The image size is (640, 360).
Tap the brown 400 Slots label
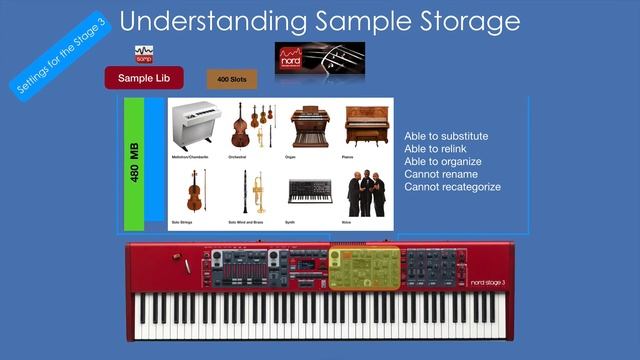(231, 79)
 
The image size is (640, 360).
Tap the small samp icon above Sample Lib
(143, 53)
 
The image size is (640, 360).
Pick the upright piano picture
(364, 126)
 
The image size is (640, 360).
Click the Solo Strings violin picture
(194, 190)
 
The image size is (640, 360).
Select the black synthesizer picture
(310, 191)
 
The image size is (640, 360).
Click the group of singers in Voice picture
(365, 192)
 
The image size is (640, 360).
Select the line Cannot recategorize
(452, 187)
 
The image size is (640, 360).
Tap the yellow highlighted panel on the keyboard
(364, 268)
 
